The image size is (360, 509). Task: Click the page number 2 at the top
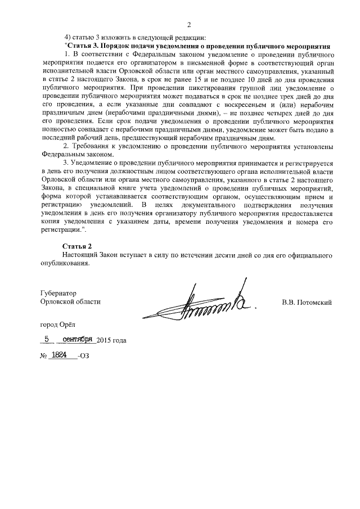pyautogui.click(x=189, y=24)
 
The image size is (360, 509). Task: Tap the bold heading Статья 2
pyautogui.click(x=76, y=247)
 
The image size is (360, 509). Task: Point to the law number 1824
pyautogui.click(x=59, y=356)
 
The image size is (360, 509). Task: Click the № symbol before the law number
pyautogui.click(x=43, y=357)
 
